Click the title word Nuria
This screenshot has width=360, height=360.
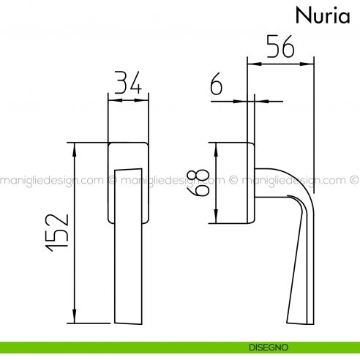click(323, 15)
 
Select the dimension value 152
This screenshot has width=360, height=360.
click(56, 233)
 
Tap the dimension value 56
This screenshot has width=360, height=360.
click(280, 48)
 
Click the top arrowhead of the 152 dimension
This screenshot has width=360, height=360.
click(74, 146)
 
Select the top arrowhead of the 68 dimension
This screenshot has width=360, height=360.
click(216, 146)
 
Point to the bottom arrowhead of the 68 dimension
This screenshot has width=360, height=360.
click(216, 220)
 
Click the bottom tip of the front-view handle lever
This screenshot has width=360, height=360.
click(128, 322)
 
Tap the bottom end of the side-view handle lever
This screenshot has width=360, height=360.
click(301, 320)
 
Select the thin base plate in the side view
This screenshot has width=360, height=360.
click(252, 183)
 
